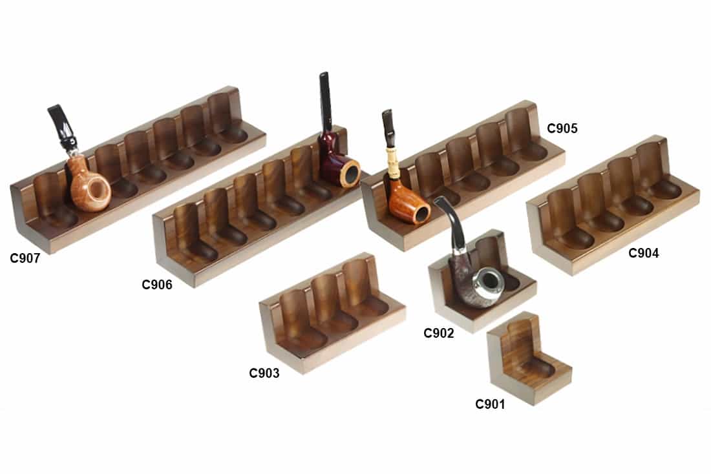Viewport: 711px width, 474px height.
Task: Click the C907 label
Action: [25, 259]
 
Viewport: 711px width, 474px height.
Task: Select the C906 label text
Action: [157, 284]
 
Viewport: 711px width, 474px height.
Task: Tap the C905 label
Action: [562, 128]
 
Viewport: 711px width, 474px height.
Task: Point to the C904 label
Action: [643, 254]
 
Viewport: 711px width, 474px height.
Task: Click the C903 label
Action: [264, 373]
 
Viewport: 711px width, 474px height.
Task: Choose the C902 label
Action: [439, 333]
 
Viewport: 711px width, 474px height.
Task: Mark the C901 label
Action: [490, 404]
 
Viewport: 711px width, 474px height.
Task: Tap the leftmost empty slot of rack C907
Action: [52, 200]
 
